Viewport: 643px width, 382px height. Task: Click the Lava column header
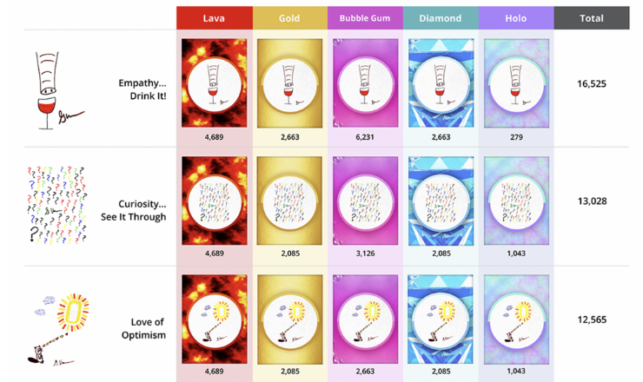point(214,17)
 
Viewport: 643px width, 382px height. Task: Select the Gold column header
point(289,17)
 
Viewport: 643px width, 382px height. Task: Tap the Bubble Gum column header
point(365,17)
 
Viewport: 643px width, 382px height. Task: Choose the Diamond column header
point(441,17)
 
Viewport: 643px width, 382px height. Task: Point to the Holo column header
point(516,17)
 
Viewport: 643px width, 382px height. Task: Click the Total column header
point(591,17)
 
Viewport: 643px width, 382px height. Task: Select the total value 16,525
point(591,84)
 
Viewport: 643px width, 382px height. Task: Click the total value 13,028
point(591,201)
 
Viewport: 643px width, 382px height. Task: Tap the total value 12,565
point(591,319)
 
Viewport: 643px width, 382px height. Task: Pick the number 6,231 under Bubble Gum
point(365,136)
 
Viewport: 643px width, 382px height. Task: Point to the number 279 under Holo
point(516,136)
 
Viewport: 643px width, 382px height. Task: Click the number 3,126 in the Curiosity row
point(365,254)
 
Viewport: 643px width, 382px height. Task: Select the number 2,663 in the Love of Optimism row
point(365,372)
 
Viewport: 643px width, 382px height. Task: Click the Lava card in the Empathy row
point(214,82)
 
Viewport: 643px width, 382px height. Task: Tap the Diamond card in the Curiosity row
point(441,201)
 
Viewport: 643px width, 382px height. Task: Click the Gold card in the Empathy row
point(289,82)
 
